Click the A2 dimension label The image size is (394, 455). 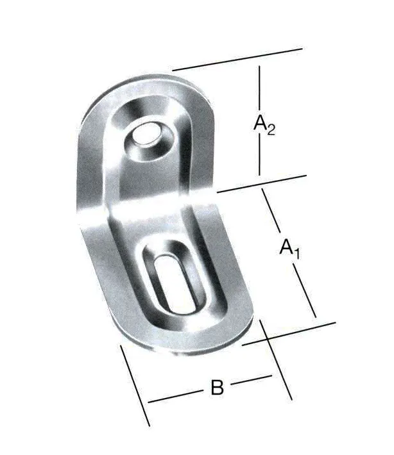click(264, 124)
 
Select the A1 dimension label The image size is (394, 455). click(290, 247)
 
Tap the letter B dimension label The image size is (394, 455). click(217, 388)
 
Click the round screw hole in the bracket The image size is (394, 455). click(147, 135)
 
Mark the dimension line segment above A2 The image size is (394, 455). click(259, 87)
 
